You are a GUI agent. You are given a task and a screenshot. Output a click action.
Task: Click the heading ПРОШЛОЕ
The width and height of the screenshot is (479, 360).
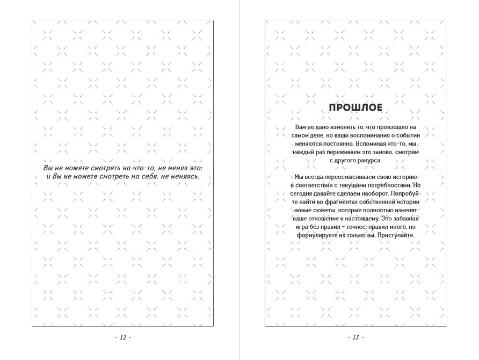coord(355,107)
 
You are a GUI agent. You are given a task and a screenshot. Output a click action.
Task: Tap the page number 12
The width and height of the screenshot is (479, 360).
coord(123,337)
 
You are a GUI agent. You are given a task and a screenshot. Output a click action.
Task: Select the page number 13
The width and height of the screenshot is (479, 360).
coord(355,337)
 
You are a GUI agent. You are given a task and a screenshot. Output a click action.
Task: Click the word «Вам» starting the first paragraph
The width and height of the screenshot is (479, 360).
coord(301,127)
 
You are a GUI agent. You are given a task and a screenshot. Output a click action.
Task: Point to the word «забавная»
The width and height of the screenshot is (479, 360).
coord(402,219)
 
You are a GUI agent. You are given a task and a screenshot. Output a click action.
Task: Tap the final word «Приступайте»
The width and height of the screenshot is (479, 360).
coord(396,235)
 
